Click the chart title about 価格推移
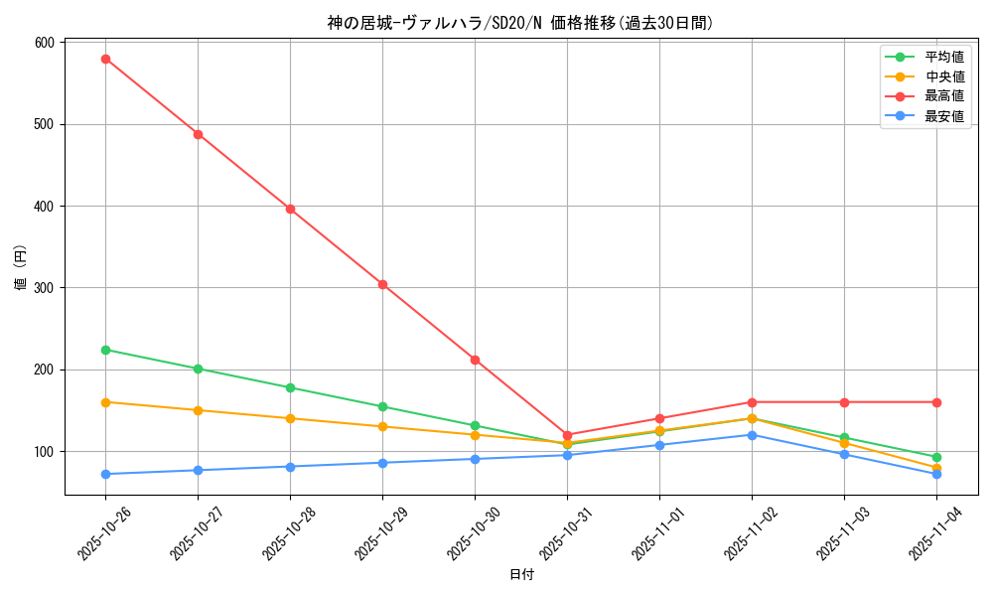tap(520, 23)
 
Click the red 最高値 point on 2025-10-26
tap(105, 59)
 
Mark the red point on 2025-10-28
tap(290, 209)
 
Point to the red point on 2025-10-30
tap(475, 360)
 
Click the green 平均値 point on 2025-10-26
tap(105, 350)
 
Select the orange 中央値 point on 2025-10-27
tap(198, 410)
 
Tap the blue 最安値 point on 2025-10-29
tap(382, 463)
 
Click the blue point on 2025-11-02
tap(752, 435)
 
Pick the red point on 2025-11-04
tap(936, 402)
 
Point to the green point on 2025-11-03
tap(844, 438)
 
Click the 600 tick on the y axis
tap(44, 43)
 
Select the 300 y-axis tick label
tap(44, 288)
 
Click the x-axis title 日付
tap(520, 575)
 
